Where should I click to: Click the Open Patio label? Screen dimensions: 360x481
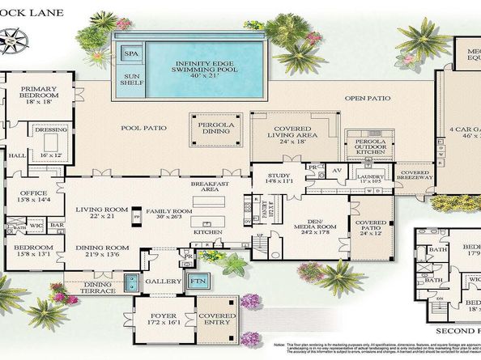pyautogui.click(x=368, y=99)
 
